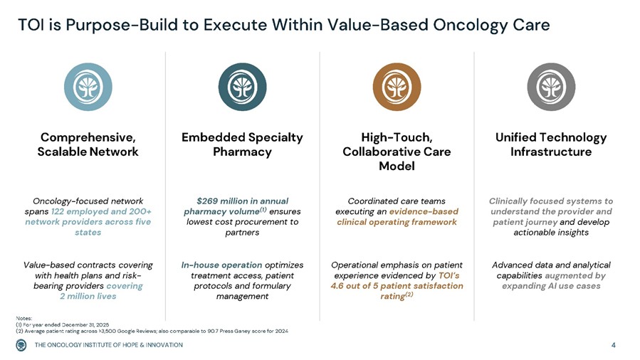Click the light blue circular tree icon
point(88,87)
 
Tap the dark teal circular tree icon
point(243,87)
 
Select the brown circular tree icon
point(397,87)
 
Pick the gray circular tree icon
point(551,87)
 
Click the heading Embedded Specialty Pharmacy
point(243,144)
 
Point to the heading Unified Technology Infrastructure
point(551,144)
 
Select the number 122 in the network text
point(57,211)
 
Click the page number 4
point(614,345)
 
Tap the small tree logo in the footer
point(21,345)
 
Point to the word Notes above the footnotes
point(24,318)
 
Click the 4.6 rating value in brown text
point(337,286)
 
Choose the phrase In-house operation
point(221,265)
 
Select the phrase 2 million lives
point(88,297)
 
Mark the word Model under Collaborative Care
point(397,166)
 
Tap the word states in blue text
point(88,233)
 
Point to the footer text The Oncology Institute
point(109,345)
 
